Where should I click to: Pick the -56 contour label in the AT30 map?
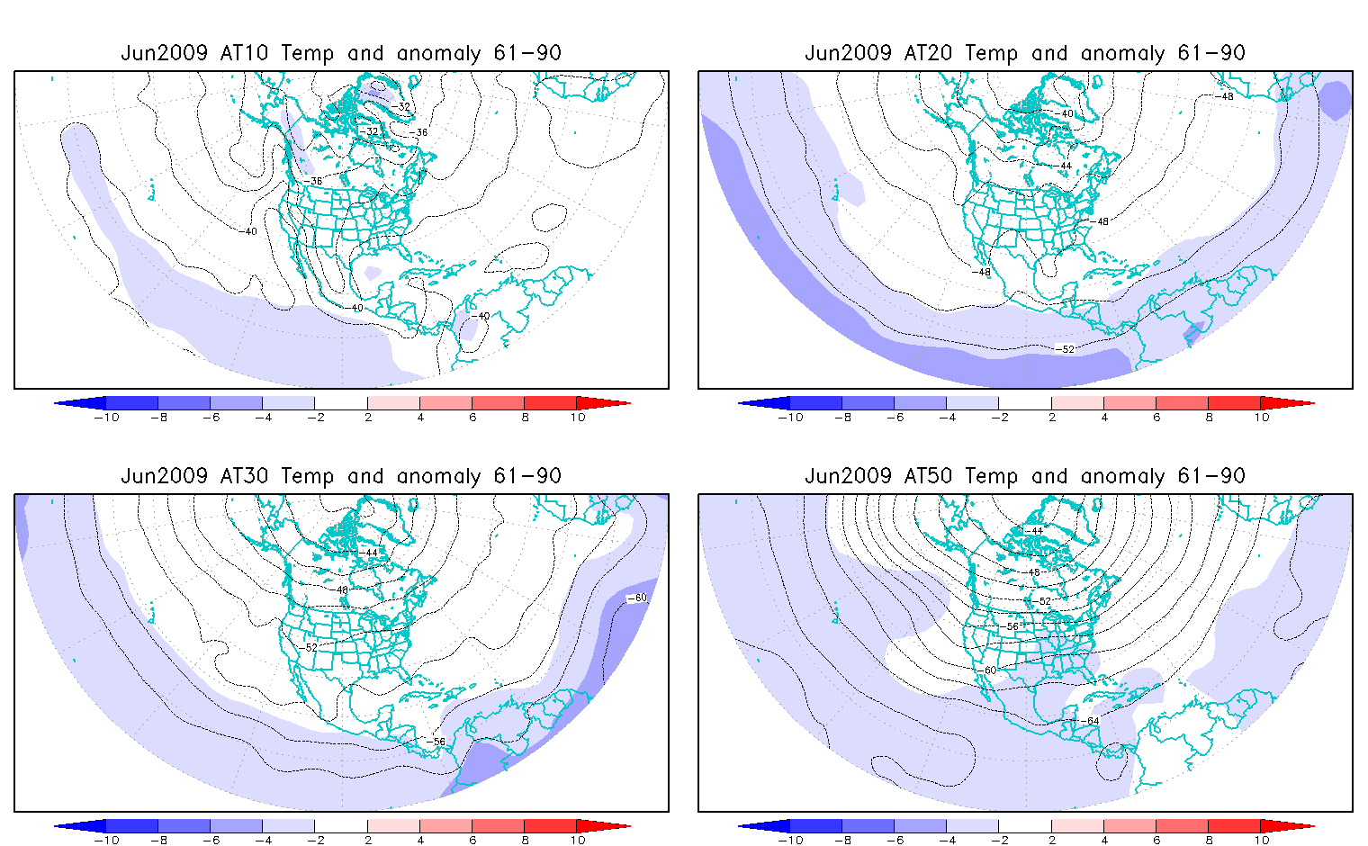tap(437, 742)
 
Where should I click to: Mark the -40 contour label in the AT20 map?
tap(1066, 114)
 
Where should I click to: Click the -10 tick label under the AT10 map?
tap(106, 418)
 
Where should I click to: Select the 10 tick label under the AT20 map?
tap(1262, 418)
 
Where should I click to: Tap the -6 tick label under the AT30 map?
tap(211, 841)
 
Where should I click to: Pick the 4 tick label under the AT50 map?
tap(1104, 841)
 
